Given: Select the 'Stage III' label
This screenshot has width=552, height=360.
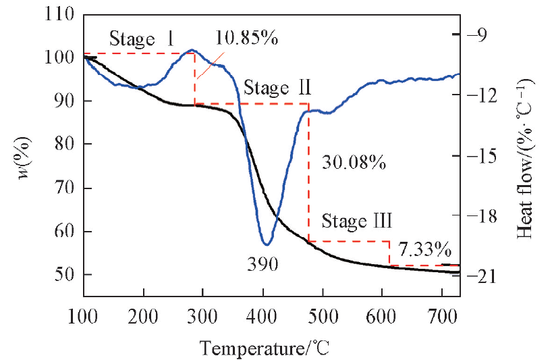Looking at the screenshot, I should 357,221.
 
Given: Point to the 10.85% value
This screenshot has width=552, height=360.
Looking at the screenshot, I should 248,38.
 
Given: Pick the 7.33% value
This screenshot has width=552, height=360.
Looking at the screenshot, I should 424,249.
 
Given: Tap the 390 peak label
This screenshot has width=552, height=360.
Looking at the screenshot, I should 263,264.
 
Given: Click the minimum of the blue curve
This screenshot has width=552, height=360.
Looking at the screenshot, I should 267,244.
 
